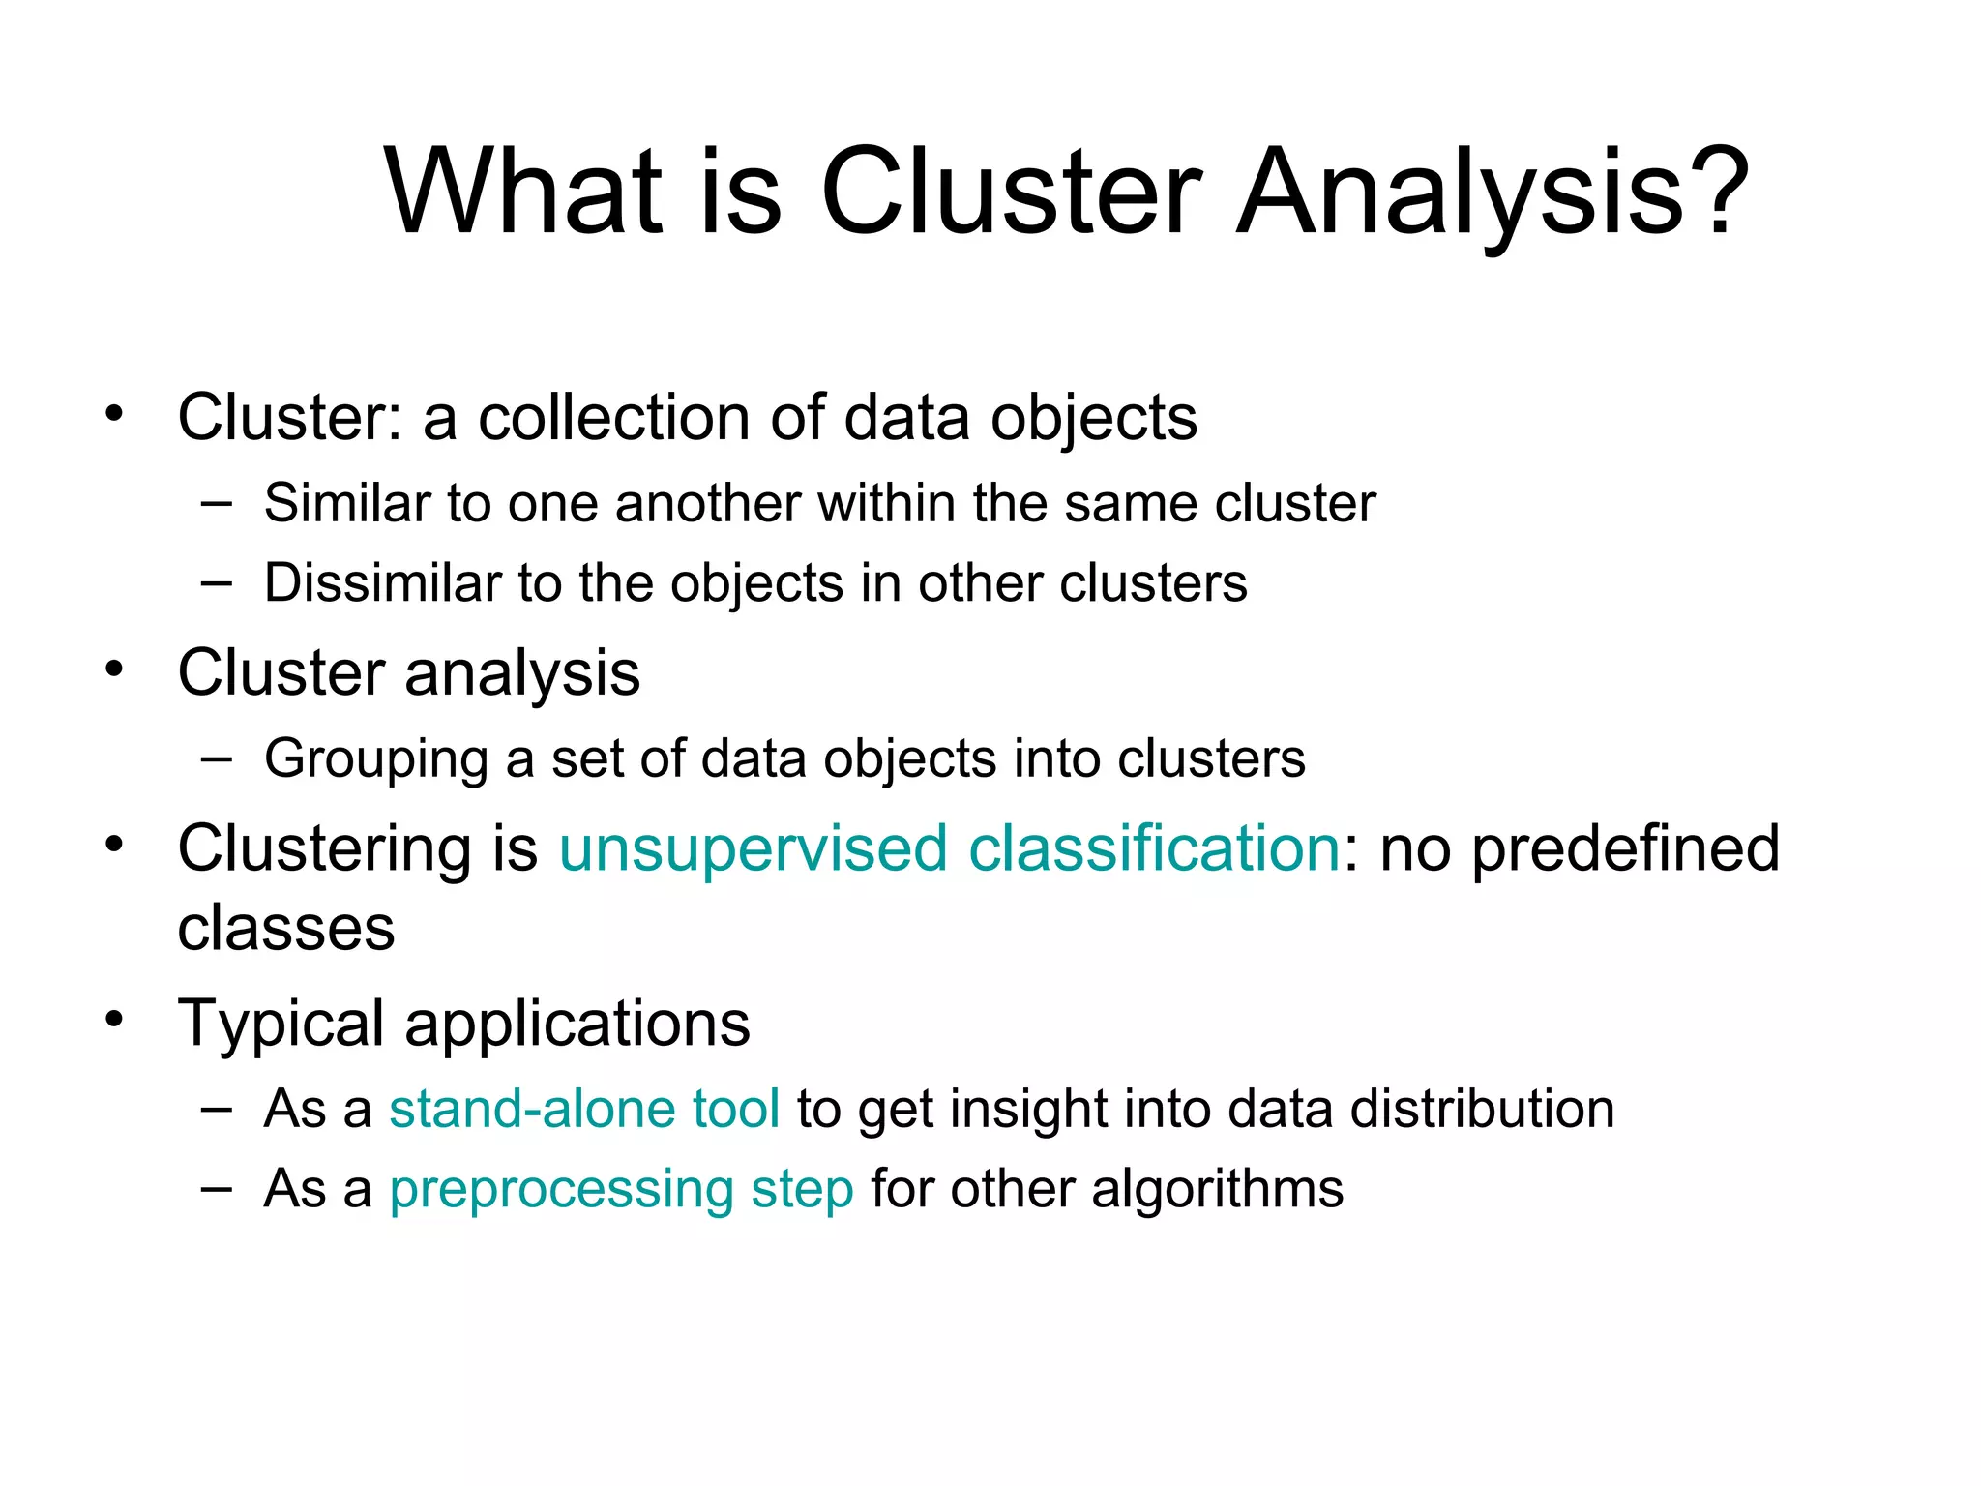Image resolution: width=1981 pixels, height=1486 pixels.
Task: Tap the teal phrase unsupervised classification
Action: point(949,848)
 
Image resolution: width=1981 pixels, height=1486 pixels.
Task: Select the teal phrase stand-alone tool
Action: point(584,1109)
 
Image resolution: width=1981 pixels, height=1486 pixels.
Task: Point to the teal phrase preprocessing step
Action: point(621,1189)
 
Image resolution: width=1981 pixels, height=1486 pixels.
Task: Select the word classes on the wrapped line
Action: point(286,929)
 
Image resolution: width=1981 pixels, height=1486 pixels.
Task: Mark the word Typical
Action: point(281,1024)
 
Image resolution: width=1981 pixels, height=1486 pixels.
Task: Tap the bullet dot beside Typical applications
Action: point(115,1019)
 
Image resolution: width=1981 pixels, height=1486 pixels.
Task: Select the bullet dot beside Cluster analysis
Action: point(115,669)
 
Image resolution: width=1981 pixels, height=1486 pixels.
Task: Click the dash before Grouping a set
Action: point(217,759)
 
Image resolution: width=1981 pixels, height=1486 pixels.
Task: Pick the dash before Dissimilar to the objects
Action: point(217,583)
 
